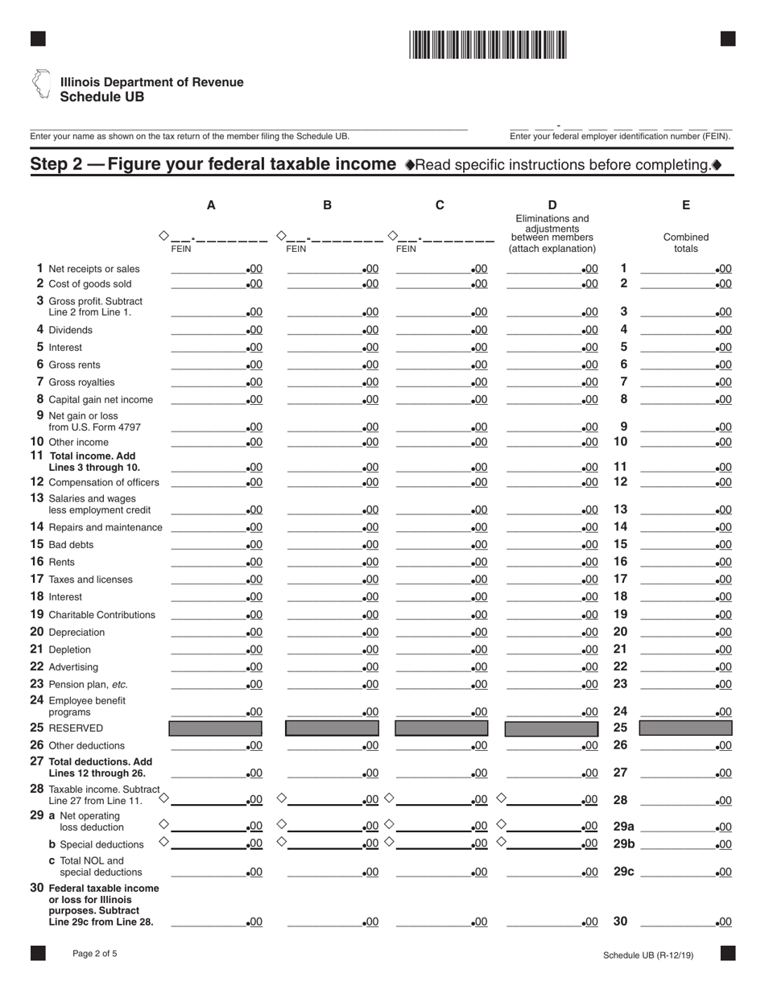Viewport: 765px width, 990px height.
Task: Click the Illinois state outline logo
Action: [40, 85]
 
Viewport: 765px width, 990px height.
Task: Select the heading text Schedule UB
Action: [102, 97]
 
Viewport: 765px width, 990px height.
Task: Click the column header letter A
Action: [211, 205]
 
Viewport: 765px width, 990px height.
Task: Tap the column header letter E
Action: [686, 205]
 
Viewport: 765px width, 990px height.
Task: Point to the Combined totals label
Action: [686, 243]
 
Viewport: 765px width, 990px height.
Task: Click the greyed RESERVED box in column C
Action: [441, 728]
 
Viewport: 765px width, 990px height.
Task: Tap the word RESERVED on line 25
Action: [76, 728]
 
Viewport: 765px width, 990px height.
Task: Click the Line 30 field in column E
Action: [685, 922]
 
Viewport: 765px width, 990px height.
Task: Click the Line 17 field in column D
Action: [552, 579]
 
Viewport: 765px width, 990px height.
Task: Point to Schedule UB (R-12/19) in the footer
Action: [653, 955]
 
